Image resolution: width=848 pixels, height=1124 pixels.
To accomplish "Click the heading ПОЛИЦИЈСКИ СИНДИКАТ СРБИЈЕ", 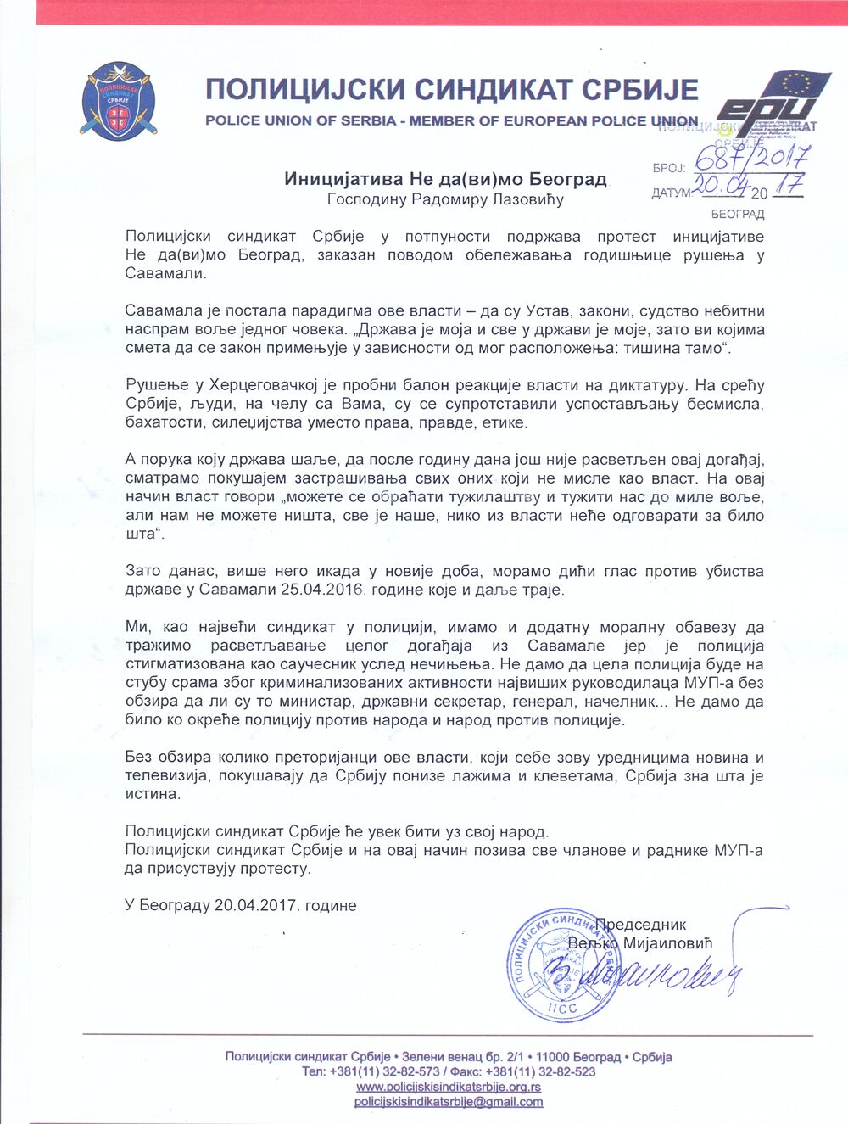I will [452, 90].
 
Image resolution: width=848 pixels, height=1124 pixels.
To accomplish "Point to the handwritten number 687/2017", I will [751, 157].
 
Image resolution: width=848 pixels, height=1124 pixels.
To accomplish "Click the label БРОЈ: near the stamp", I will [669, 168].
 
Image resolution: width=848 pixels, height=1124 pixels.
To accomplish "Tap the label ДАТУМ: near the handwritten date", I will [672, 193].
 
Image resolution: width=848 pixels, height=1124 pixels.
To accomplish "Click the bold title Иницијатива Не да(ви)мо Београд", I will [446, 179].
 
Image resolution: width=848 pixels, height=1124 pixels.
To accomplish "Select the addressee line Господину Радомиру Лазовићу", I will [446, 200].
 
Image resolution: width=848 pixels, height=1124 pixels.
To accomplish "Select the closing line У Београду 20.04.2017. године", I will [240, 905].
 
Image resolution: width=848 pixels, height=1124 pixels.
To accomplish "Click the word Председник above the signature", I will [640, 925].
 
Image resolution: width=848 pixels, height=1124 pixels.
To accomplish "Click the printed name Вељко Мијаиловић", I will [640, 942].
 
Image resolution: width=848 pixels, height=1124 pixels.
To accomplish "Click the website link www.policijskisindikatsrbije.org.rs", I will [449, 1087].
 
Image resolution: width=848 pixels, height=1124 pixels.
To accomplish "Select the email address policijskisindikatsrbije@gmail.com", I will [449, 1102].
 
